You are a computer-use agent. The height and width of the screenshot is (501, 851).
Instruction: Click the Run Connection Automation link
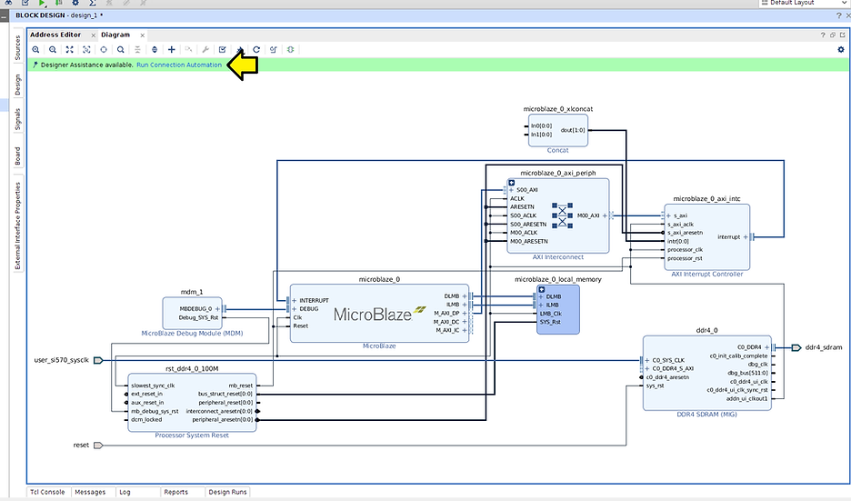[x=179, y=65]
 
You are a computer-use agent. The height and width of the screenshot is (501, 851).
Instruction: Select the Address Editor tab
[x=56, y=35]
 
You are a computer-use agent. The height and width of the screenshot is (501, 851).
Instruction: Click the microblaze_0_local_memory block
[x=557, y=310]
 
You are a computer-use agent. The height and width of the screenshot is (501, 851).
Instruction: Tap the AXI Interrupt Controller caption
[x=706, y=274]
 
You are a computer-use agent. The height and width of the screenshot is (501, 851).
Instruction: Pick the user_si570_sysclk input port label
[x=62, y=360]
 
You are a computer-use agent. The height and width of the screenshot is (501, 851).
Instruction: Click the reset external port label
[x=81, y=446]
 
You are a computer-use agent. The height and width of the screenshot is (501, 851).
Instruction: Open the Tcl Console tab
[x=47, y=492]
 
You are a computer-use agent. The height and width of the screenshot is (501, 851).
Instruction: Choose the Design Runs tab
[x=227, y=492]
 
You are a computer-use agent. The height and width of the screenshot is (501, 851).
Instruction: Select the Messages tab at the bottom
[x=90, y=492]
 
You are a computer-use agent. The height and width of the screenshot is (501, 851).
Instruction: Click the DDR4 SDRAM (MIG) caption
[x=706, y=415]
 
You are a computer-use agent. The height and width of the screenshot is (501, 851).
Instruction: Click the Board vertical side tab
[x=16, y=155]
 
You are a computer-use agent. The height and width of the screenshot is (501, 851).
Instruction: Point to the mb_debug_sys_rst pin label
[x=154, y=411]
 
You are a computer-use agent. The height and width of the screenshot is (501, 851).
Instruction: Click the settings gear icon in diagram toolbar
[x=840, y=49]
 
